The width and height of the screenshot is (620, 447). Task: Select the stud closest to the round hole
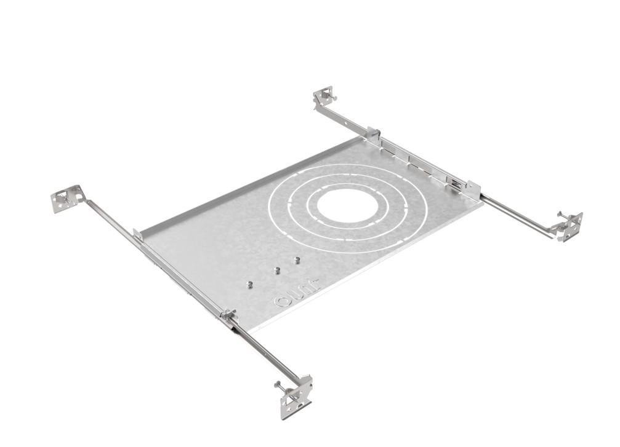point(296,260)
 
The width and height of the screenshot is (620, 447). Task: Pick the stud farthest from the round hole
point(249,284)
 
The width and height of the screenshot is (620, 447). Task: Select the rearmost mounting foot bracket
point(324,97)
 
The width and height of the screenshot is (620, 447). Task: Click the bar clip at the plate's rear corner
point(373,133)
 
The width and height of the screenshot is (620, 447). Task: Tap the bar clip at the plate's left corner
point(138,234)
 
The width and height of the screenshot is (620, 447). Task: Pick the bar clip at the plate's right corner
point(472,188)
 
